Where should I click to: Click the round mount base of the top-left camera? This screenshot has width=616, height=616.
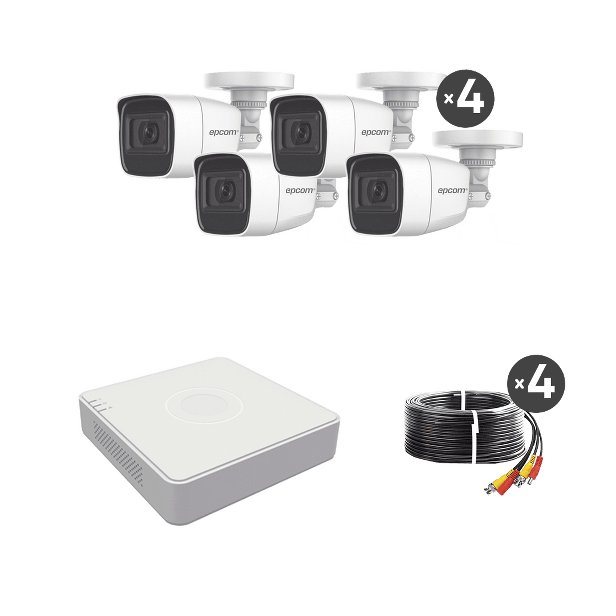pyautogui.click(x=249, y=82)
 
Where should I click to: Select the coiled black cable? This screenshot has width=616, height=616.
pyautogui.click(x=435, y=435)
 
